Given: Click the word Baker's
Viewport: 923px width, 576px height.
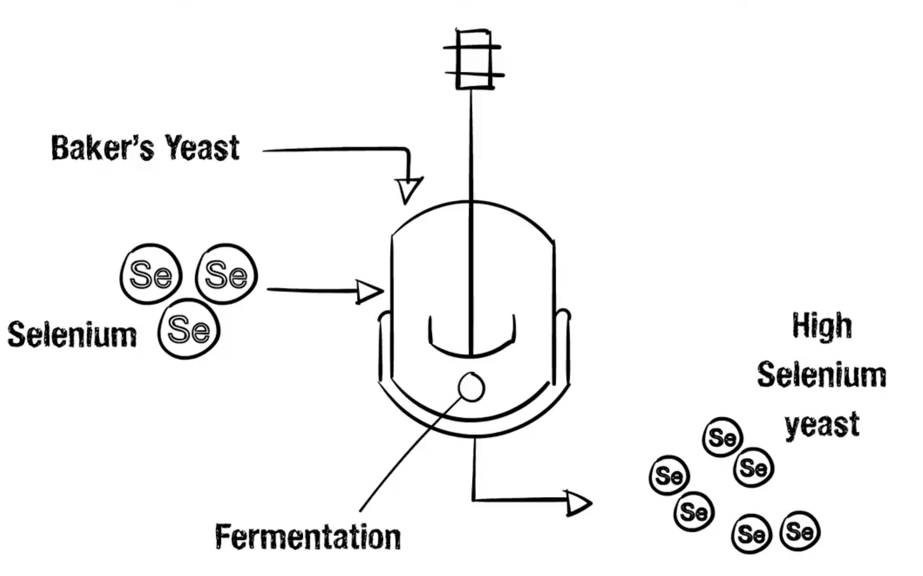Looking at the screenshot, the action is tap(102, 148).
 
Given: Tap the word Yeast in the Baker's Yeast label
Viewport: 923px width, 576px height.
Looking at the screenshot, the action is tap(202, 148).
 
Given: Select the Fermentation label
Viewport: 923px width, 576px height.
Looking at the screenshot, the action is tap(308, 537).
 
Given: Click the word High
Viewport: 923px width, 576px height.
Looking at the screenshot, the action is tap(822, 327).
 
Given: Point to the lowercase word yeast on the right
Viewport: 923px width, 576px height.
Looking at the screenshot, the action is tap(822, 425).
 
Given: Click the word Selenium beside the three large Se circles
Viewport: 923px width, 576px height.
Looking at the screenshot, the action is tap(72, 334).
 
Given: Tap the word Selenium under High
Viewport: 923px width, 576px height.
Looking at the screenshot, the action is tap(822, 375).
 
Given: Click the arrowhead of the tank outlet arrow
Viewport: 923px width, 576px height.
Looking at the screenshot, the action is tap(578, 503).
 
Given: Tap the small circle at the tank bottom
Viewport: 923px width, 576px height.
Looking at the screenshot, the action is tap(472, 387).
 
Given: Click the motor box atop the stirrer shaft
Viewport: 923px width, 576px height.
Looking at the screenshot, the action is tap(473, 60).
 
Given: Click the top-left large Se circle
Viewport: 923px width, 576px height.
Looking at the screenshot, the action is tap(151, 274).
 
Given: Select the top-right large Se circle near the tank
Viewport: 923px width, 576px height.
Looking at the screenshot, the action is tap(226, 274).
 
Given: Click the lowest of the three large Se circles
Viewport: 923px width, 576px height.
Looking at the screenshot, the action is tap(189, 328).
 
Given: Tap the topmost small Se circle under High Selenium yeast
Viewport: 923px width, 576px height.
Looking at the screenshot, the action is tap(722, 437).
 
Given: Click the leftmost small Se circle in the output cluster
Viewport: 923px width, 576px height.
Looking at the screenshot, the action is tap(669, 475).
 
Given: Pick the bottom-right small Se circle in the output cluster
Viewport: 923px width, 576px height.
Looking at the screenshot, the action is tap(800, 531).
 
